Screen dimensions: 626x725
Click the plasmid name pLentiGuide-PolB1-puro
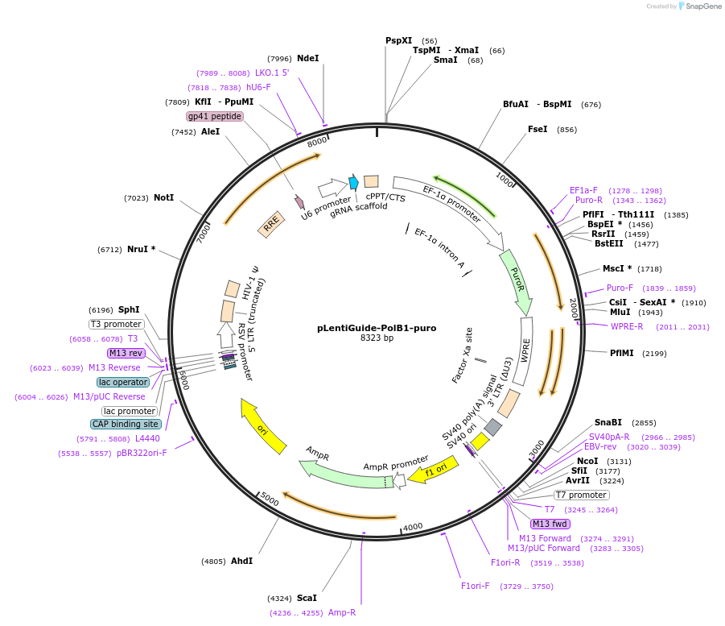(366, 328)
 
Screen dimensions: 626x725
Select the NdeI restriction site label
(307, 58)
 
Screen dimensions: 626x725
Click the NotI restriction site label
(163, 197)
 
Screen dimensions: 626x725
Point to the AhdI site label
(241, 561)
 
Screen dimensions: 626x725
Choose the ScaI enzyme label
(307, 598)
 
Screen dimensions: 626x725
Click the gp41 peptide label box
(215, 116)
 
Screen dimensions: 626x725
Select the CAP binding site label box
(126, 424)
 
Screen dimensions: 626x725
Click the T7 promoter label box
(581, 495)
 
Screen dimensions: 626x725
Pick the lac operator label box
(123, 382)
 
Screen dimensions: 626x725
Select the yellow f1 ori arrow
(430, 471)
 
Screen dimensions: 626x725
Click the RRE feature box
(271, 225)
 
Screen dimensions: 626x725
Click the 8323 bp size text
(366, 338)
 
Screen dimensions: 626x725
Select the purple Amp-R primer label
(342, 612)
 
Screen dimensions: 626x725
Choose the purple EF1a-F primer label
(583, 190)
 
